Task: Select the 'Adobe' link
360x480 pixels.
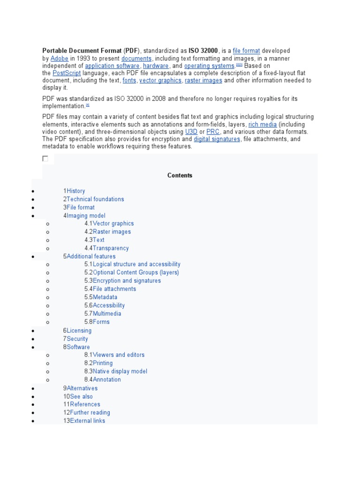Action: click(x=60, y=59)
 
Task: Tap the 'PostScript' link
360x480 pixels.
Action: click(x=67, y=73)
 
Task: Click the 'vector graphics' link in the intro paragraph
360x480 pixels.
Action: click(x=160, y=81)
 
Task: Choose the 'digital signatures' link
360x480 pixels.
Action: click(x=217, y=139)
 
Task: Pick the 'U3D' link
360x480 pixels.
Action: click(x=191, y=132)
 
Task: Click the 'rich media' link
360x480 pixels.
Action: click(x=262, y=125)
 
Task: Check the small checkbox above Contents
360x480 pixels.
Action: click(x=45, y=159)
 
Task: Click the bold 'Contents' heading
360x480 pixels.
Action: click(x=180, y=175)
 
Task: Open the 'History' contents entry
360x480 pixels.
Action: click(x=76, y=191)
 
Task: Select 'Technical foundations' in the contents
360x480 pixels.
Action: click(x=95, y=199)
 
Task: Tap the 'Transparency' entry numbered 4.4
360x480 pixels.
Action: click(x=111, y=248)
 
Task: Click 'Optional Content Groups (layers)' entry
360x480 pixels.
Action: click(x=136, y=272)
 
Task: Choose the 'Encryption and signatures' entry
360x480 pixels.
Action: click(x=127, y=281)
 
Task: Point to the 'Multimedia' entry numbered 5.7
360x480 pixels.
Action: click(x=107, y=314)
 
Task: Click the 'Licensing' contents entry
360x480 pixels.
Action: click(x=79, y=330)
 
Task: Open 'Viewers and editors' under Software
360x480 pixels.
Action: click(x=119, y=355)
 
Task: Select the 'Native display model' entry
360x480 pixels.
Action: click(x=120, y=371)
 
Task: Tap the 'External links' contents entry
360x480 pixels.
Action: click(x=88, y=421)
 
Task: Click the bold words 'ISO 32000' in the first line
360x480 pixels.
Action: click(x=203, y=51)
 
